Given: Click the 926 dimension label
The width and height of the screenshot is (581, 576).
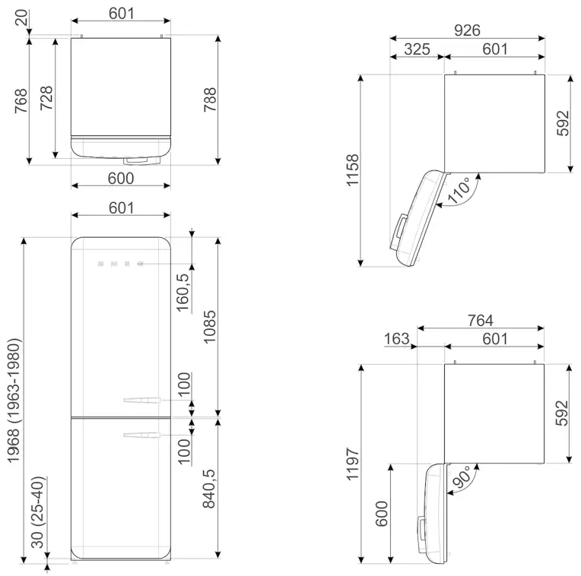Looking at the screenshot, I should (467, 30).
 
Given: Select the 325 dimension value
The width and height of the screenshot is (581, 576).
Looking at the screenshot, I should (416, 49).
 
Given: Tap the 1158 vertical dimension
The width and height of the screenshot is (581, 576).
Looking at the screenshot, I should (351, 171).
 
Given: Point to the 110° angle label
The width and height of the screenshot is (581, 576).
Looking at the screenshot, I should (459, 191).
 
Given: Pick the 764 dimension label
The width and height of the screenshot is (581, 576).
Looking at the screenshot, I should (481, 321).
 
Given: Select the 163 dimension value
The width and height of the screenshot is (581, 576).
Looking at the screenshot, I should (397, 339).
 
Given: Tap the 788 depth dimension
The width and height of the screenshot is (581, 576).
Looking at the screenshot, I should (211, 100).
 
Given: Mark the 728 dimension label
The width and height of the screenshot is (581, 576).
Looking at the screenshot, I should (46, 100).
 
